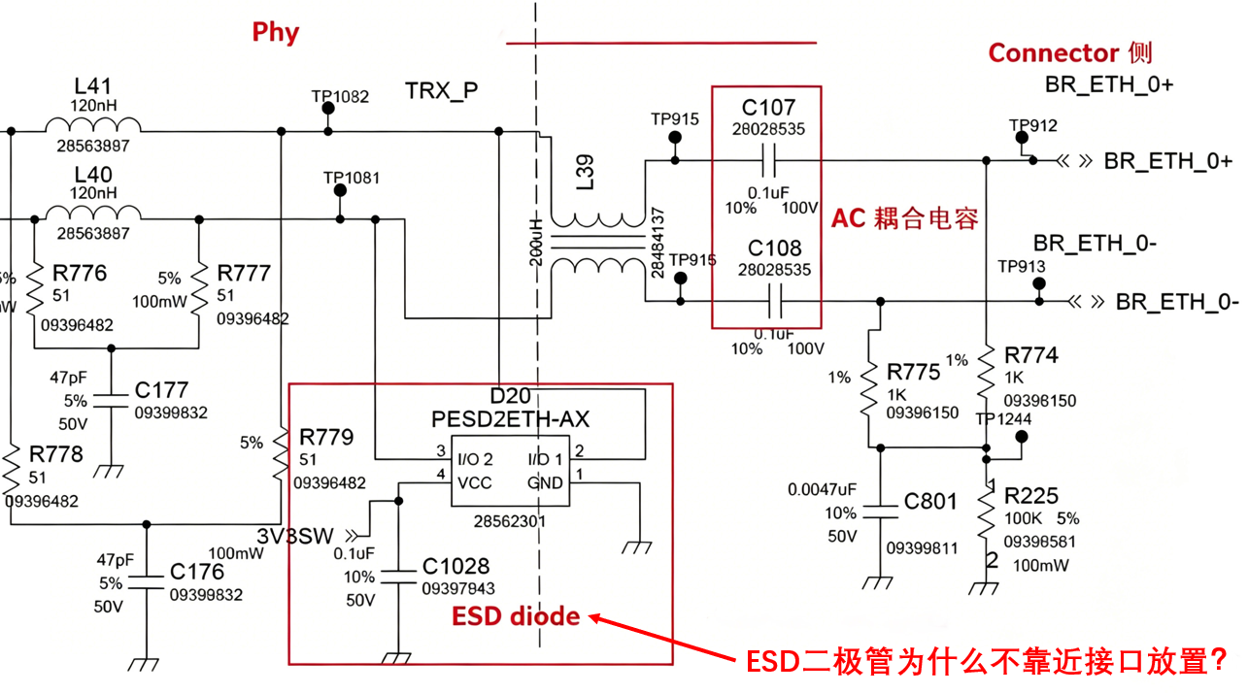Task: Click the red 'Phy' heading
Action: point(275,32)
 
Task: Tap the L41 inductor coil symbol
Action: point(93,124)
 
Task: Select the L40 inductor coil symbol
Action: point(93,213)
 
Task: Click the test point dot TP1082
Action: point(328,108)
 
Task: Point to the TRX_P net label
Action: point(441,91)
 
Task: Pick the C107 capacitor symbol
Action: point(769,160)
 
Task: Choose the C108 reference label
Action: point(774,248)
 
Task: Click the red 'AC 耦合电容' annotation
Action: point(904,218)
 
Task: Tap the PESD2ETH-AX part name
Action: point(510,419)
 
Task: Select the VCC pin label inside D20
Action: point(474,482)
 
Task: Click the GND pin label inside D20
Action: point(544,482)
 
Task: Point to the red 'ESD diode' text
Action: point(516,616)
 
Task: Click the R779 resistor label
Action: point(326,437)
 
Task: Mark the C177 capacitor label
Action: point(161,390)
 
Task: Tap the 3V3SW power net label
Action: point(294,536)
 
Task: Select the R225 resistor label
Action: point(1031,496)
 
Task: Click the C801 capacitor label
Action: point(930,501)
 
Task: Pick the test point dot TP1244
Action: point(1022,437)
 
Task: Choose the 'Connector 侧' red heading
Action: point(1070,53)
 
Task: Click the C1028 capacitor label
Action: point(455,567)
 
